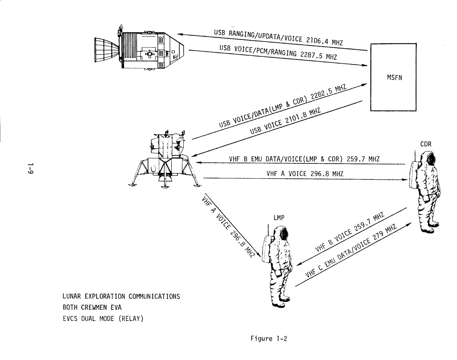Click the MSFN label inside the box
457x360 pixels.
394,77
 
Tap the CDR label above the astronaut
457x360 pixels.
426,144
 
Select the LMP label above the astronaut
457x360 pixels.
279,218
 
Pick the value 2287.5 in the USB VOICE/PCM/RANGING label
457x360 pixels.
313,55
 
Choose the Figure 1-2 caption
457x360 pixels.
269,338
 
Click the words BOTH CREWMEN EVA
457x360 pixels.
92,307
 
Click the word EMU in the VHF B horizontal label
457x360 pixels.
255,159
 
